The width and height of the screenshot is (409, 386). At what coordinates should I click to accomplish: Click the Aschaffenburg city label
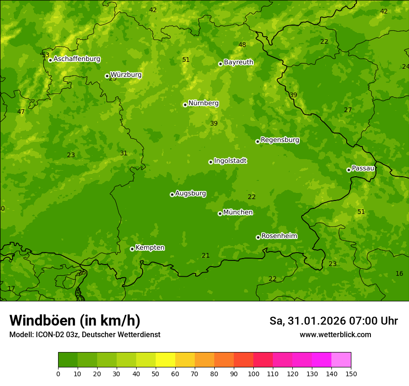77,59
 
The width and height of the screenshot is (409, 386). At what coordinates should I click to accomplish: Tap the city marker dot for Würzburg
107,76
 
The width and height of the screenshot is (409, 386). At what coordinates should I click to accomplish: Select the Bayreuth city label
238,62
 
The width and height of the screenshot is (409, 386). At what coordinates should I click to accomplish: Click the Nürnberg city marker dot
185,105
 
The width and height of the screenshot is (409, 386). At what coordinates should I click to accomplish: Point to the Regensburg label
280,140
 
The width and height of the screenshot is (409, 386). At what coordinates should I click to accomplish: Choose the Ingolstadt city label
230,161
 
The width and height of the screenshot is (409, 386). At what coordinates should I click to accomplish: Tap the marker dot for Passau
349,170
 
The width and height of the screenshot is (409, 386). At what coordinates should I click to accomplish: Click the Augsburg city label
191,193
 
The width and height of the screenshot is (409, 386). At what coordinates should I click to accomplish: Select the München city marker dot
220,213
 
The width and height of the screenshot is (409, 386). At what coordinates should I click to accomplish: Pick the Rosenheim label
279,236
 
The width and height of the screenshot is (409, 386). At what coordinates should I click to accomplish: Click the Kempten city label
150,248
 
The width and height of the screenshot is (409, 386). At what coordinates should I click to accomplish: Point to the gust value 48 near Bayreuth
242,45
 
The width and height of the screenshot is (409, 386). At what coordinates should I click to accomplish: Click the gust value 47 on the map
21,112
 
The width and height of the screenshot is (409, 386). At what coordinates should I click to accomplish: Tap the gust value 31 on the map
124,153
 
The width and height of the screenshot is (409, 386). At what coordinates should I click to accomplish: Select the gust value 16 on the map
399,273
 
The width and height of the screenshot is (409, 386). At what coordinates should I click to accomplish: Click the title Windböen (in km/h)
75,320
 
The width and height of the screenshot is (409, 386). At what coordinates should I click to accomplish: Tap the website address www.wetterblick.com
335,334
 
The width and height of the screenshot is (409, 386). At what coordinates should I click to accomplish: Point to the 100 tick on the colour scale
253,373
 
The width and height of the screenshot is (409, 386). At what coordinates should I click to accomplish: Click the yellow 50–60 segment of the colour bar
165,359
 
